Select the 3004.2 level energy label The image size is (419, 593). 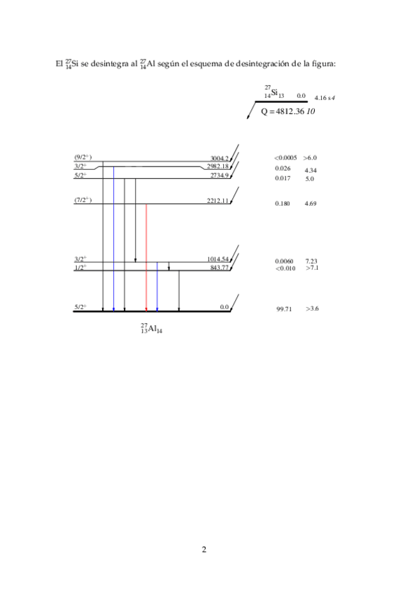point(220,159)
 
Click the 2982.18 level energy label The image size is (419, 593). point(218,166)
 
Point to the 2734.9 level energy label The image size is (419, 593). point(220,176)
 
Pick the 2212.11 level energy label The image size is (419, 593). point(218,201)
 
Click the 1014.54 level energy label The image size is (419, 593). point(218,259)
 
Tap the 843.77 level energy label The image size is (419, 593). point(220,268)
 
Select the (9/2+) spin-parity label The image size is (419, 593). point(83,157)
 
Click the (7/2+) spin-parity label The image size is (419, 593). point(83,200)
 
